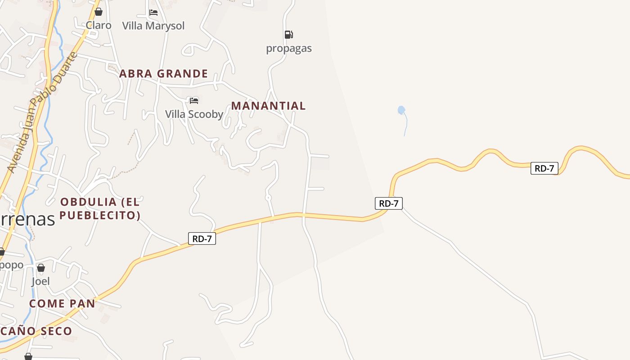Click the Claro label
coord(99,25)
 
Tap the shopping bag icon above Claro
coord(99,12)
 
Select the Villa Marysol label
coord(153,26)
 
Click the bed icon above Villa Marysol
coord(153,13)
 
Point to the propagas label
coord(289,48)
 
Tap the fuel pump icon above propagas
coord(288,35)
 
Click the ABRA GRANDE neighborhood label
coord(163,73)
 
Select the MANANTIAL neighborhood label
coord(268,106)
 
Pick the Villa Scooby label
coord(194,114)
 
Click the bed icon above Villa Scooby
coord(194,100)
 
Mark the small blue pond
coord(401,109)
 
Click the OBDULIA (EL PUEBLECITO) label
coord(100,208)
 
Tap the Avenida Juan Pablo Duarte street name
coord(42,112)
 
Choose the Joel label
coord(40,281)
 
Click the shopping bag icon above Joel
coord(41,268)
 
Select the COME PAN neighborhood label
coord(62,303)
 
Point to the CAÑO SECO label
coord(36,331)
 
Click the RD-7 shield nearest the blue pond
coord(389,203)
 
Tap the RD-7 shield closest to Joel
coord(202,239)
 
